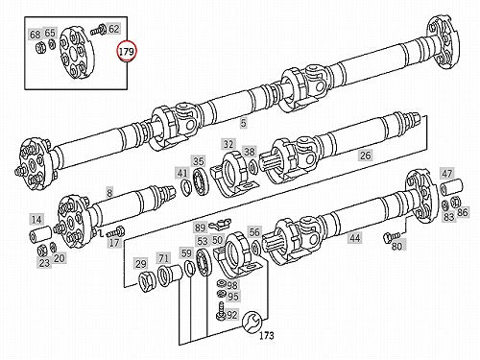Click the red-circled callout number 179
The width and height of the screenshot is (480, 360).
coord(127,51)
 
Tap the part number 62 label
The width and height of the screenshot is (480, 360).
coord(113,29)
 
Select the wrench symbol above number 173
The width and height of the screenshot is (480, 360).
coord(251,321)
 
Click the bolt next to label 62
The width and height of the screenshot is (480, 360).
coord(99,30)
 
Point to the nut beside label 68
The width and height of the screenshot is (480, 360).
coord(40,49)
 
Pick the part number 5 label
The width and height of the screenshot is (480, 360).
coord(244,123)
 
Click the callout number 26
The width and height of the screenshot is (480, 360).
coord(365,156)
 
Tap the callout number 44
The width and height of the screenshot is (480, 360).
coord(355,238)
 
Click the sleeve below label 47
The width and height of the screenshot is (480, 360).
coord(451,186)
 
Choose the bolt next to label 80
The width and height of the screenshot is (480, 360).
coord(392,237)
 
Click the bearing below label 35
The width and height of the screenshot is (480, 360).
coord(201,181)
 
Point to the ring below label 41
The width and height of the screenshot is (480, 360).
coord(185,187)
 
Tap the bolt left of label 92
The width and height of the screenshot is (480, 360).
coord(220,310)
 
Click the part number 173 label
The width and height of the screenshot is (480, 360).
coord(266,335)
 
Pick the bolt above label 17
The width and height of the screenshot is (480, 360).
coord(116,230)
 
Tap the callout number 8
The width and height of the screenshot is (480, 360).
coord(109,193)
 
